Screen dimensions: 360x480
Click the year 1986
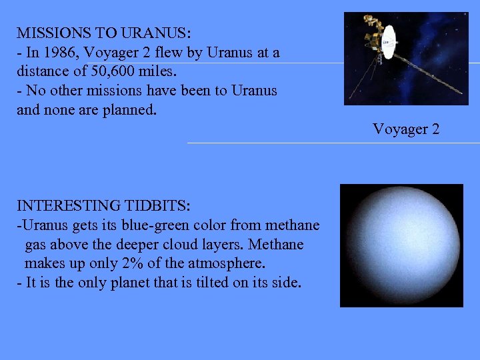tap(55, 51)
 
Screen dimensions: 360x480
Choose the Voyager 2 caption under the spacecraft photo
tap(406, 129)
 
